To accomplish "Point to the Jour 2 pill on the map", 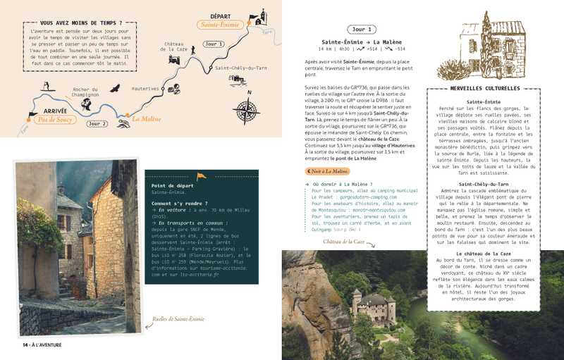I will coord(97,124).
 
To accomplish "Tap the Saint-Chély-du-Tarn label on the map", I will coord(241,68).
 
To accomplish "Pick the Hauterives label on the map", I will coord(145,88).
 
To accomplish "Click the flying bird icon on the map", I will coord(115,88).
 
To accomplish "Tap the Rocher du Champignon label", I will coord(85,92).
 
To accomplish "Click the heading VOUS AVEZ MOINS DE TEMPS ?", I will coord(80,23).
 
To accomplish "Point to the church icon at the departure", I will coord(260,16).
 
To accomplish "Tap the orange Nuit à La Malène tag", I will coord(327,171).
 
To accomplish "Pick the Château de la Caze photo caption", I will coord(345,242).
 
